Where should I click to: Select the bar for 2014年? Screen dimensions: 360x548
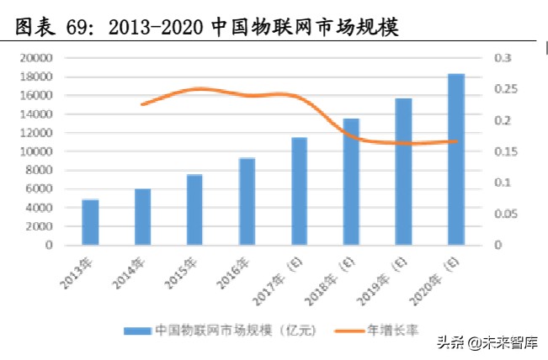point(142,217)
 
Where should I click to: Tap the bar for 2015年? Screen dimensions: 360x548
point(194,210)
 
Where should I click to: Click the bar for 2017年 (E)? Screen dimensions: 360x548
point(299,191)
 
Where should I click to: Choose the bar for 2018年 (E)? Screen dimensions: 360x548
point(351,182)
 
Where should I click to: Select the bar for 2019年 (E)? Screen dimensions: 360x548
point(403,172)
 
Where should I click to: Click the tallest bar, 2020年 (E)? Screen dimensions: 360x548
point(455,160)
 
